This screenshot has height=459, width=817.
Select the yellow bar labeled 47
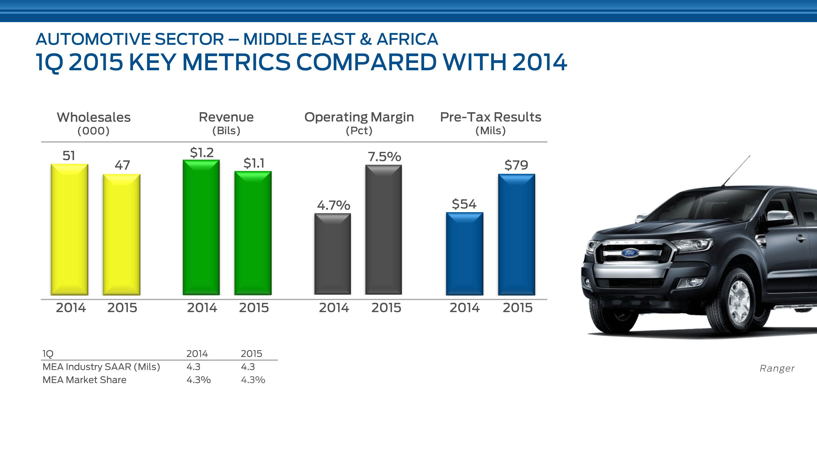[121, 234]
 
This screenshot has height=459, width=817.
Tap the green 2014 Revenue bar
[201, 227]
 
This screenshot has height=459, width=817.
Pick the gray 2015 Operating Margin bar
[384, 230]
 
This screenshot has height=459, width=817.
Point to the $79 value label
[516, 165]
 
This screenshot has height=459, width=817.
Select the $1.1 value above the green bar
[254, 163]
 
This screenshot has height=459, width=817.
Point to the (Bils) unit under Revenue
[226, 131]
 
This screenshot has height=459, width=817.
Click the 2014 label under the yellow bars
[71, 308]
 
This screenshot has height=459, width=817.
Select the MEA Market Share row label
[84, 380]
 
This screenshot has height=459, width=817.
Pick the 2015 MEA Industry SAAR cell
[248, 367]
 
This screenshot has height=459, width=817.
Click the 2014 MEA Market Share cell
[199, 380]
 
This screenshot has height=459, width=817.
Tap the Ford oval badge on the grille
[629, 252]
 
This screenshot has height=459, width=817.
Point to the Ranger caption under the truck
[777, 368]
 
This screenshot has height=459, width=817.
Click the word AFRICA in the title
[407, 39]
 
